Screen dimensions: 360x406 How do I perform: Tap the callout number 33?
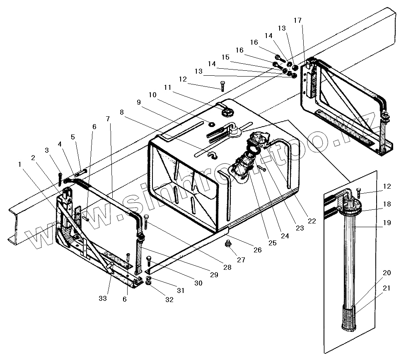[x=103, y=298]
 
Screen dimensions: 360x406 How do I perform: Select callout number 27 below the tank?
[x=241, y=260]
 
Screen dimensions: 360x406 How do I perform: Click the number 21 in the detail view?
[x=387, y=288]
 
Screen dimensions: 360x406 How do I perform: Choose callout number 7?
[x=108, y=119]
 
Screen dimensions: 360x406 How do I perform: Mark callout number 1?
[x=19, y=164]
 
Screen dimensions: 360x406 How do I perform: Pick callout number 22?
[x=312, y=221]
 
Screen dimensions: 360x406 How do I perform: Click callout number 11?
[x=167, y=87]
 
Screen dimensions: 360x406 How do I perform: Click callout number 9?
[x=138, y=102]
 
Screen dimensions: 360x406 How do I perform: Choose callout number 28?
[x=227, y=268]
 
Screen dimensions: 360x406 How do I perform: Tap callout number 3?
[x=47, y=150]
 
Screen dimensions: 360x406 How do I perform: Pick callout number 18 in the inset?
[x=387, y=204]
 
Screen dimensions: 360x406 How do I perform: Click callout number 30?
[x=198, y=283]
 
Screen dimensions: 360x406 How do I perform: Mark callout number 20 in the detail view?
[x=387, y=273]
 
